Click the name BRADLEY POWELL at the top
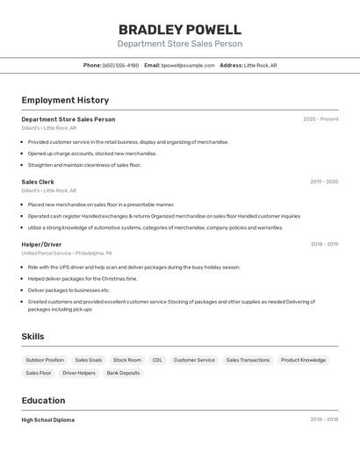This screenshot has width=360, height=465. (180, 29)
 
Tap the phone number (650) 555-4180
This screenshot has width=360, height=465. (120, 65)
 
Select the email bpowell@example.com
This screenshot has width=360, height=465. (188, 65)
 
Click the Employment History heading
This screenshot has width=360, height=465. (65, 100)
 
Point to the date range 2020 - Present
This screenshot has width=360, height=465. (320, 119)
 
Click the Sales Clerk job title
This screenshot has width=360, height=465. (38, 182)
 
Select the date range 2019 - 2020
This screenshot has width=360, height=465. (324, 182)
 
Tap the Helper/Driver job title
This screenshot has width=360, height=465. (41, 244)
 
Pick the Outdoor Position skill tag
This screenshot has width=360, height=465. (45, 360)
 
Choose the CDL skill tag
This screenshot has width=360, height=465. (157, 360)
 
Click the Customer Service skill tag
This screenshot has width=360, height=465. (194, 360)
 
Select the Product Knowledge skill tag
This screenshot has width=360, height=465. (303, 360)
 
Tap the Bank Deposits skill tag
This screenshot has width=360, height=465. (123, 373)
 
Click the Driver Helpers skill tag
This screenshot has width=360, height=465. (79, 373)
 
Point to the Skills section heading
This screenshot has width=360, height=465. (32, 336)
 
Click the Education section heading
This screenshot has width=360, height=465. (44, 400)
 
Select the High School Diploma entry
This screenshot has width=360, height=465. (48, 419)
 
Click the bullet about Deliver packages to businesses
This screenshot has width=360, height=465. (68, 290)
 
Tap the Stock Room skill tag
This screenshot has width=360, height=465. (127, 360)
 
